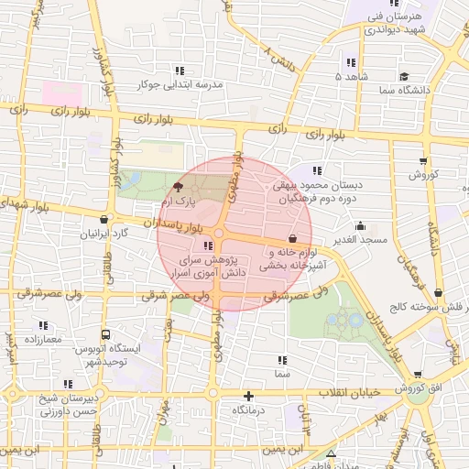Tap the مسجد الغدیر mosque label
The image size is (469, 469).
(362, 240)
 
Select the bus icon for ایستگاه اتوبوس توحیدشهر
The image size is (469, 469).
(106, 335)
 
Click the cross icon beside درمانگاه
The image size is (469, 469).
(247, 396)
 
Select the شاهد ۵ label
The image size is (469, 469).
(352, 77)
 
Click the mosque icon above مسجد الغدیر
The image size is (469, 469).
(360, 225)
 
